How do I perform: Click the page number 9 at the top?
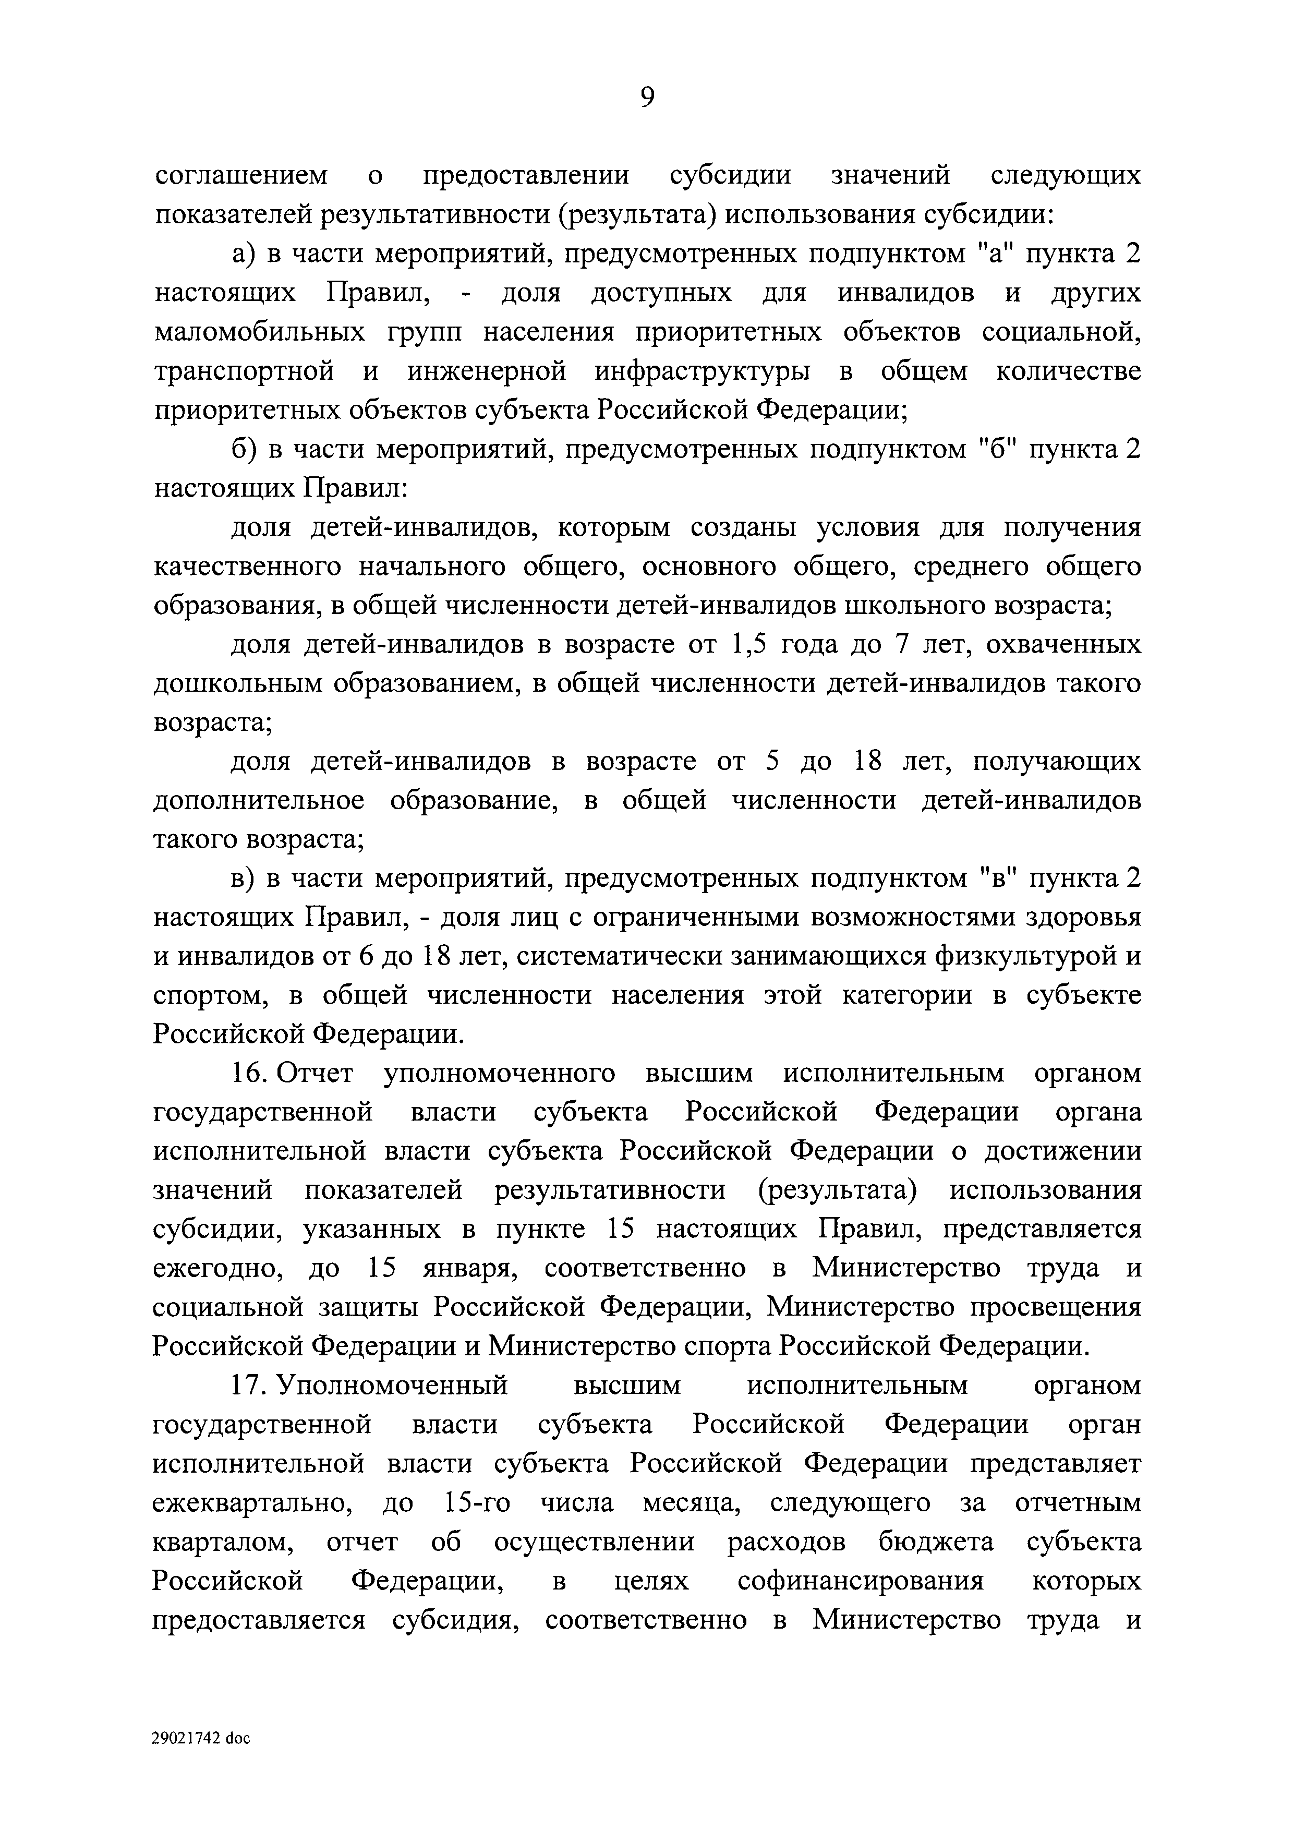pos(647,97)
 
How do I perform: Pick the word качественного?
pos(248,567)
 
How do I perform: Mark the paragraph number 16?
pos(249,1074)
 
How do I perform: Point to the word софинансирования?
pos(861,1581)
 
